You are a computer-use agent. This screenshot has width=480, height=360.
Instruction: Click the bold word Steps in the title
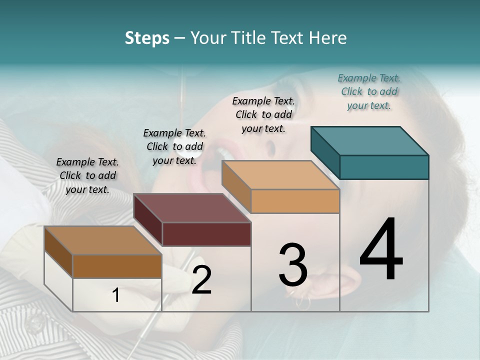tap(147, 38)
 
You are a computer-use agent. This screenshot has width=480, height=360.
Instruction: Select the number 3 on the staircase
tap(293, 265)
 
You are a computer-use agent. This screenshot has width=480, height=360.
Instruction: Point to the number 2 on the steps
tap(201, 280)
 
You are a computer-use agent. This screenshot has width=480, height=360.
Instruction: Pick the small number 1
tap(116, 295)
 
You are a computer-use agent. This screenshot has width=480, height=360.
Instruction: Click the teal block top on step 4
tap(369, 140)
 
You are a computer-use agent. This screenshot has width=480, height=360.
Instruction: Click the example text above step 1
tap(87, 175)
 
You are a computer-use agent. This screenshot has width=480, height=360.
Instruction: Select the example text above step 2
tap(174, 146)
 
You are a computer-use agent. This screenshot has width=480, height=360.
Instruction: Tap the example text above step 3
tap(263, 114)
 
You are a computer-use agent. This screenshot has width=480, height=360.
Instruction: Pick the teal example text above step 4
tap(369, 91)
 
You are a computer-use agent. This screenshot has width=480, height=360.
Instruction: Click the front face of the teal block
tap(384, 167)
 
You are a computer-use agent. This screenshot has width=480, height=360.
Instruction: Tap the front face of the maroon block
tap(206, 234)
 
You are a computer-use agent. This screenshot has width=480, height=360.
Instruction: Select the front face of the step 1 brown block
tap(117, 266)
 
